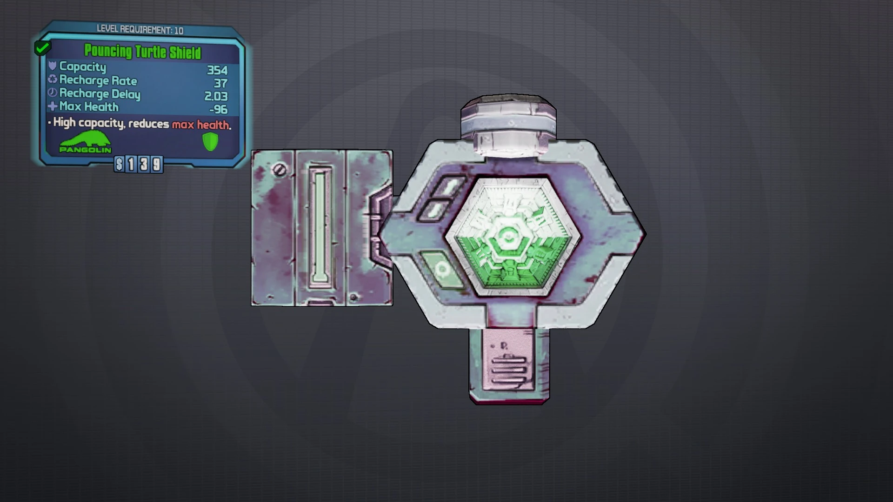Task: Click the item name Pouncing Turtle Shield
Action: [x=142, y=51]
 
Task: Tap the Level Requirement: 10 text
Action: [x=140, y=30]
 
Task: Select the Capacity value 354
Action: [x=217, y=70]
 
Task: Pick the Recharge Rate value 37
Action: [x=220, y=83]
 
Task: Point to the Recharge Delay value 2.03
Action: [x=216, y=96]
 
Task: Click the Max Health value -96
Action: [x=218, y=109]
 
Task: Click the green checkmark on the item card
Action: [x=42, y=47]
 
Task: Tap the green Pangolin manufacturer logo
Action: [x=85, y=142]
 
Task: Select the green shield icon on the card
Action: [x=211, y=142]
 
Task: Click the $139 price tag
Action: [x=139, y=164]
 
